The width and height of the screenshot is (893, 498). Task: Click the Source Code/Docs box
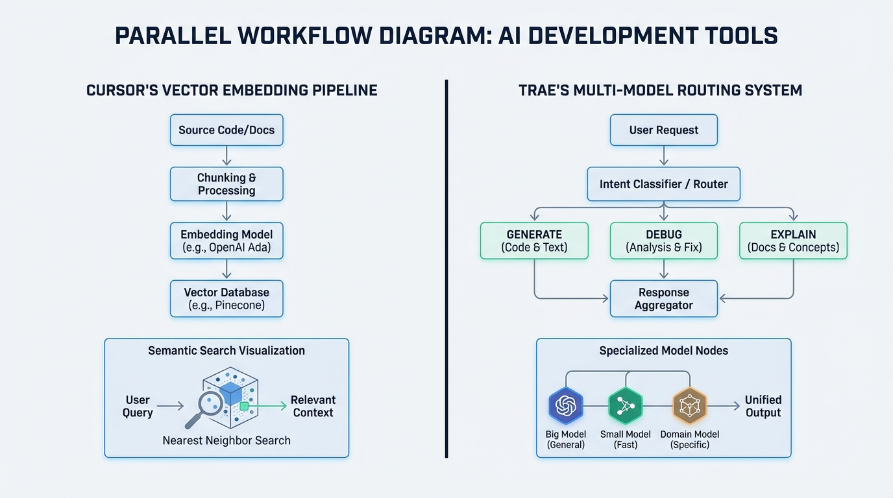tap(226, 130)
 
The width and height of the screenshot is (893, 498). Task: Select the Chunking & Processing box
tap(226, 184)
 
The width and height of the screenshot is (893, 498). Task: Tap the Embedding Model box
tap(226, 241)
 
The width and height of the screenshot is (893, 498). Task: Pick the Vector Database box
tap(226, 299)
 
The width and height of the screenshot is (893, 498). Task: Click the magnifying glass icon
tap(206, 408)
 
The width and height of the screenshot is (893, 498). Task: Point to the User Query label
tap(138, 407)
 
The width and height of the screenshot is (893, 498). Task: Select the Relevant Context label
tap(313, 407)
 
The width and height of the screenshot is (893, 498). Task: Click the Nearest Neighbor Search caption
tap(226, 441)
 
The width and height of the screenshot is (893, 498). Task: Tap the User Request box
tap(663, 130)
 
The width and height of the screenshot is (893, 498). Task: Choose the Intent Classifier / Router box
tap(663, 184)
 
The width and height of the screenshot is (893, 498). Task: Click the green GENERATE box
tap(534, 241)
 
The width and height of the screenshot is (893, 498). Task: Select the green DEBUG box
tap(663, 241)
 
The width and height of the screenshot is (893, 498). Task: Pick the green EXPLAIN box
tap(793, 241)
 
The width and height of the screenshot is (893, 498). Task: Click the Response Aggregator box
tap(663, 299)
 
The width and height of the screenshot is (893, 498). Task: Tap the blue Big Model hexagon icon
tap(565, 406)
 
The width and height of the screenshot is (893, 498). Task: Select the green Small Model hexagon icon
tap(625, 406)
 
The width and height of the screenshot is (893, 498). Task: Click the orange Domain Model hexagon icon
tap(689, 406)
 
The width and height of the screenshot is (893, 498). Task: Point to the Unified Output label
tap(763, 407)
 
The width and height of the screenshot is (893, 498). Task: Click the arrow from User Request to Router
tap(663, 156)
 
